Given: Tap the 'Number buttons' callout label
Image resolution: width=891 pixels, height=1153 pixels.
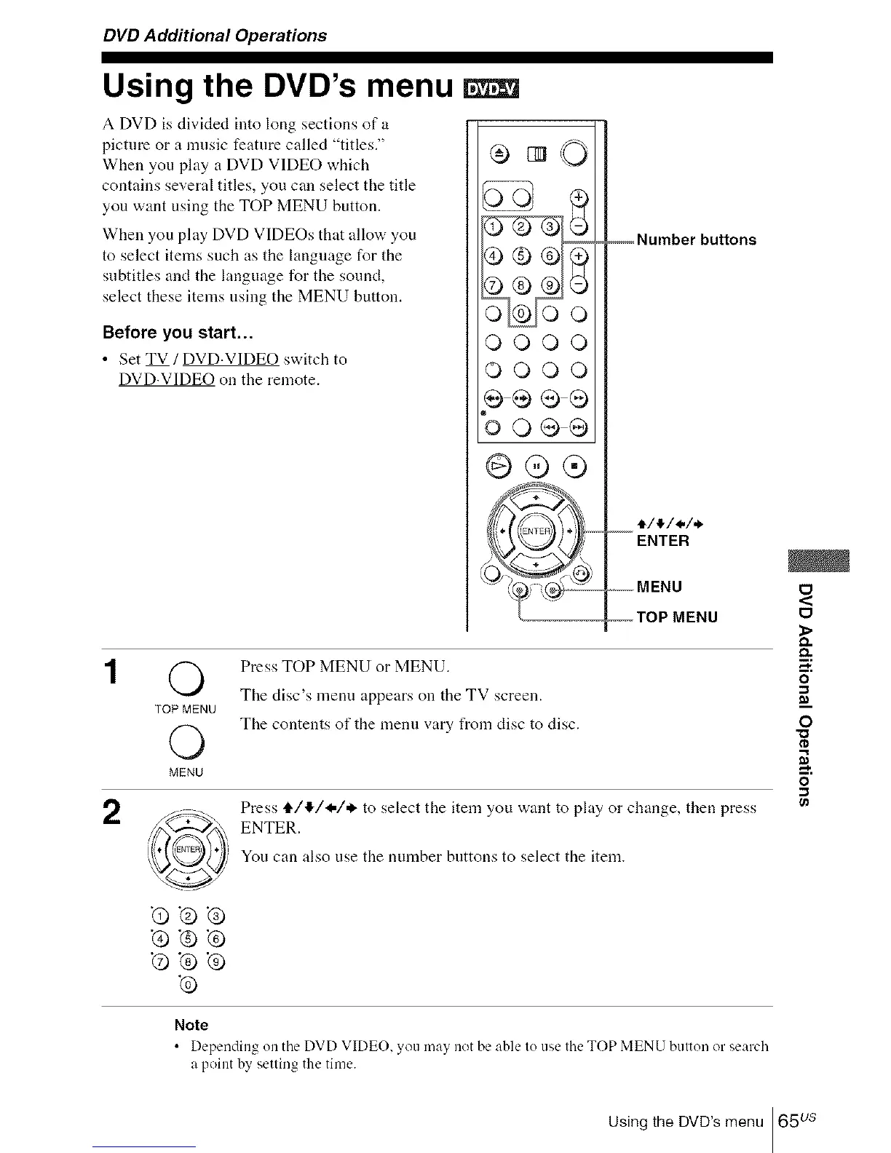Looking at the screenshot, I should [696, 240].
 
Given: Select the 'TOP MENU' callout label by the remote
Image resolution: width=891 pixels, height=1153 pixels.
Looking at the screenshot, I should [677, 618].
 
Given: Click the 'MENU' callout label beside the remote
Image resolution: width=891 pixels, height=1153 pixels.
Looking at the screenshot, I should [660, 587].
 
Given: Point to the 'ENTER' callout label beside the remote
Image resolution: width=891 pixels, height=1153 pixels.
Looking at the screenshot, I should [662, 541].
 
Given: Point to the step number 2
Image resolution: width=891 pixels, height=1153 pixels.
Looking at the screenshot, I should [111, 812].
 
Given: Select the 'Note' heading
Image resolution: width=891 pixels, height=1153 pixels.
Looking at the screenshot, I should [191, 1025].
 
